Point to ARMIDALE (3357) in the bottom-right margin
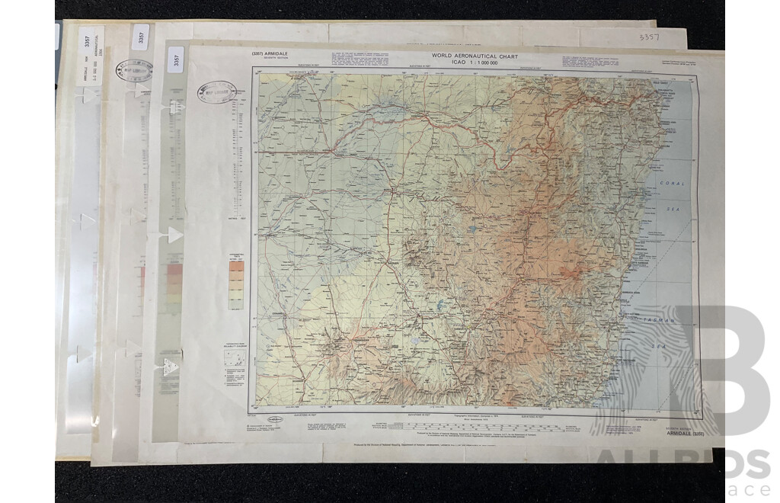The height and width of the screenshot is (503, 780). click(x=669, y=433)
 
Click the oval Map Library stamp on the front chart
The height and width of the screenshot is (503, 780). click(x=217, y=91)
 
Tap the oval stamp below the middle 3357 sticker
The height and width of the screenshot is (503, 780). click(x=134, y=71)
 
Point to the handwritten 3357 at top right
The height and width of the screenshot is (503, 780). click(x=649, y=37)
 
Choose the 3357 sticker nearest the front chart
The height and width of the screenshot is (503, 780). click(x=177, y=59)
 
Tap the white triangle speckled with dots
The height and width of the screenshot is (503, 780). click(x=170, y=367)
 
